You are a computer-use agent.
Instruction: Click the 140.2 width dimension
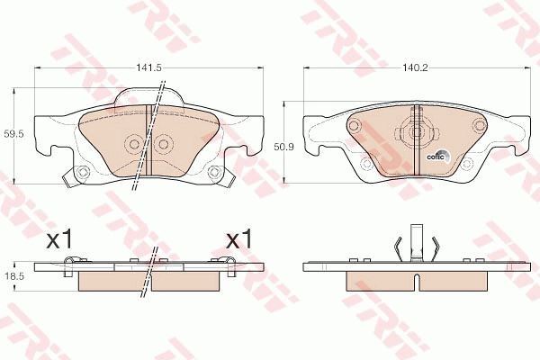tap(415, 67)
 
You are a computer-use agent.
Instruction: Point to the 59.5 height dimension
tap(14, 134)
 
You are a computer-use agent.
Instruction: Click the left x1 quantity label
tap(59, 238)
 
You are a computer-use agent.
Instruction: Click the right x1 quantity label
tap(239, 238)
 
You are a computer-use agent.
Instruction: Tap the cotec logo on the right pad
tap(438, 156)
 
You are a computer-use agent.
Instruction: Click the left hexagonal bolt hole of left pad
tap(82, 171)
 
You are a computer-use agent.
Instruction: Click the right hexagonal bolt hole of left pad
tap(215, 171)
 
